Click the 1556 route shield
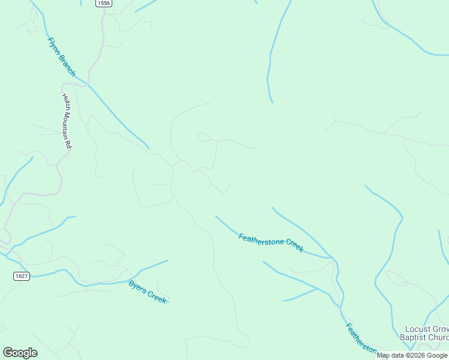point(103,4)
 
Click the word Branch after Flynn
point(68,65)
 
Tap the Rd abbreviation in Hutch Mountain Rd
point(69,145)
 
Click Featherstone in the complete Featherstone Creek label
point(261,238)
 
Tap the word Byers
point(137,286)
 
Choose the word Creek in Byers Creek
point(157,296)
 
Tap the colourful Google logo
point(20,353)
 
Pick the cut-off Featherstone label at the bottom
point(360,340)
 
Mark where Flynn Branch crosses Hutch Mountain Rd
point(89,85)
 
